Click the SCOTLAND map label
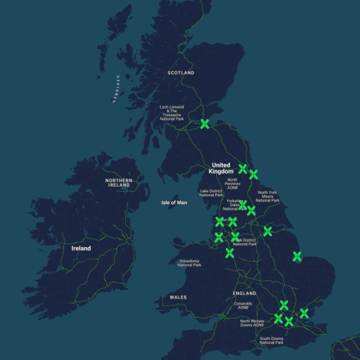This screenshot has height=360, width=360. point(181,73)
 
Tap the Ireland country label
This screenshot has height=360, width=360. point(81,248)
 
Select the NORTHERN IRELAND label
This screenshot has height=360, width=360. point(118,183)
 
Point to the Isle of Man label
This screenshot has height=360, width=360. point(174,202)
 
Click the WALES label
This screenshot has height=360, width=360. point(178,297)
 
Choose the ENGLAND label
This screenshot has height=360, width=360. point(245,293)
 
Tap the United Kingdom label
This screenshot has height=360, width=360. point(222,168)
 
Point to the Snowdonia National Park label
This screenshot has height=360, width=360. point(189,263)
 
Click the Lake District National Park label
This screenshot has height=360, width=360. point(211,193)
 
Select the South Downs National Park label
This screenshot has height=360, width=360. point(271,340)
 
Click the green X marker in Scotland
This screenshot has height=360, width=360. point(205,124)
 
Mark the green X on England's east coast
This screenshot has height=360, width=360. point(297,256)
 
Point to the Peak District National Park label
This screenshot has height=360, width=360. point(244,242)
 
